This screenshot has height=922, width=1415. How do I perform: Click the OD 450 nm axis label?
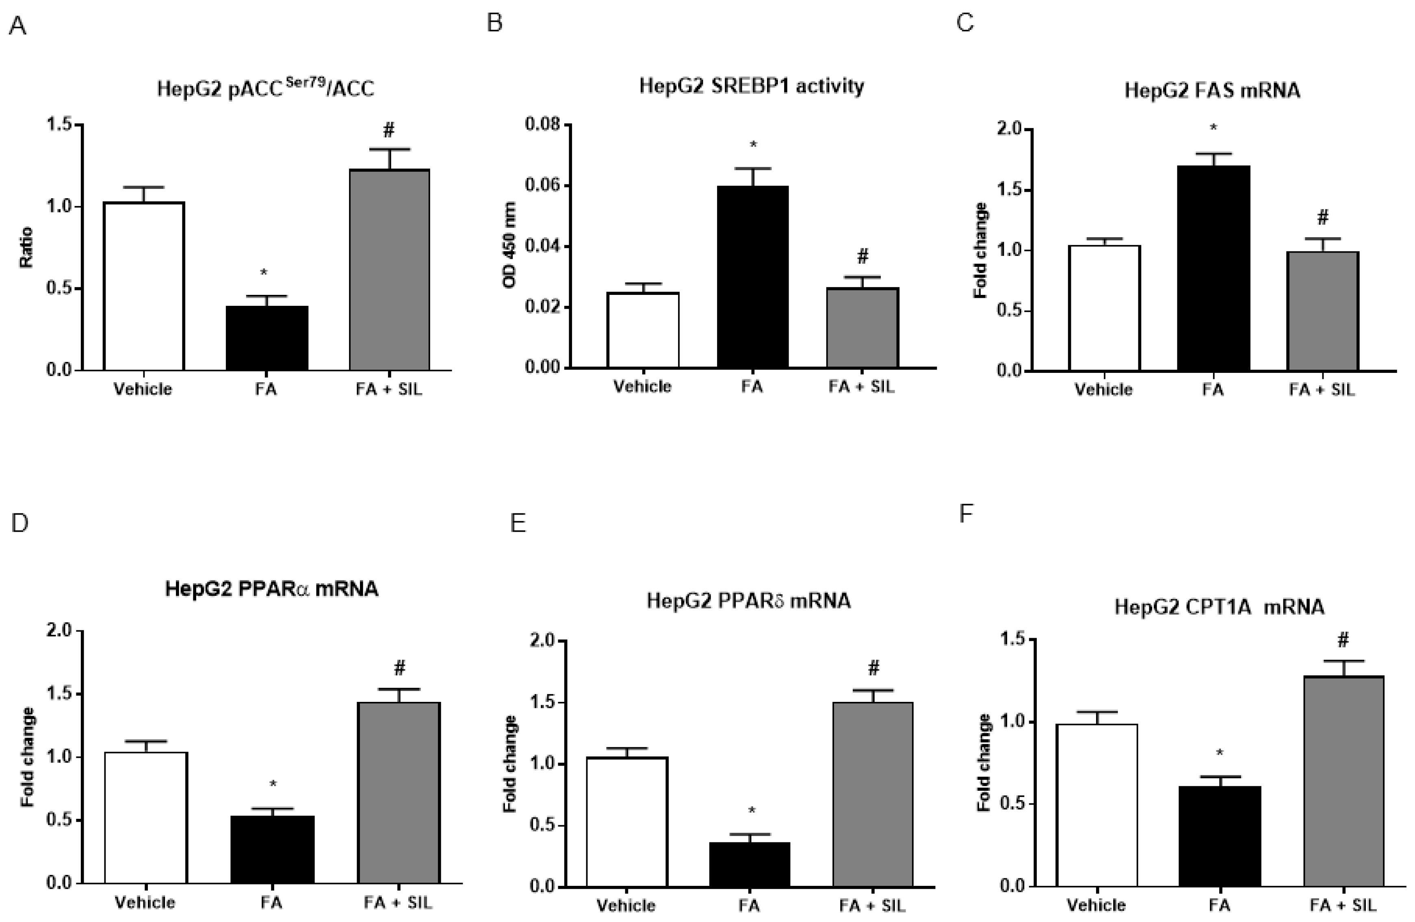click(x=509, y=245)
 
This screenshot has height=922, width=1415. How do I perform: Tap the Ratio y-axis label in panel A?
click(x=26, y=247)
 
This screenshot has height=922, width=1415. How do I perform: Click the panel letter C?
click(x=964, y=23)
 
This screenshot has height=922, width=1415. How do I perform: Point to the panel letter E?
click(x=518, y=523)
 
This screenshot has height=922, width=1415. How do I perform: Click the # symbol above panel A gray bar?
click(x=389, y=130)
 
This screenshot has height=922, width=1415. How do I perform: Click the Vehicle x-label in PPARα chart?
click(x=145, y=903)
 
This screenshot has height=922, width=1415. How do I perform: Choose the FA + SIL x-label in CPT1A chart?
click(x=1342, y=905)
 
